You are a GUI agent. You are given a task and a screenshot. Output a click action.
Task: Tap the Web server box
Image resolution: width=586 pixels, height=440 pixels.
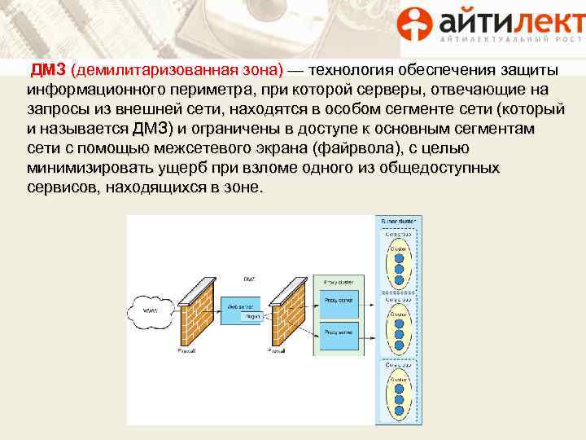(243, 310)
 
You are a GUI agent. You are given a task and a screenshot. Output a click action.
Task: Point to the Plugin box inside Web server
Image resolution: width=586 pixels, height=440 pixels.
(252, 316)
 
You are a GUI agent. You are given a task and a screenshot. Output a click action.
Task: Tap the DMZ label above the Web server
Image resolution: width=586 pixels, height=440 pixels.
(248, 279)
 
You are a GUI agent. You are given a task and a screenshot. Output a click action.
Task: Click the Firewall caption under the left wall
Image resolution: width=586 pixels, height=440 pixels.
(187, 350)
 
